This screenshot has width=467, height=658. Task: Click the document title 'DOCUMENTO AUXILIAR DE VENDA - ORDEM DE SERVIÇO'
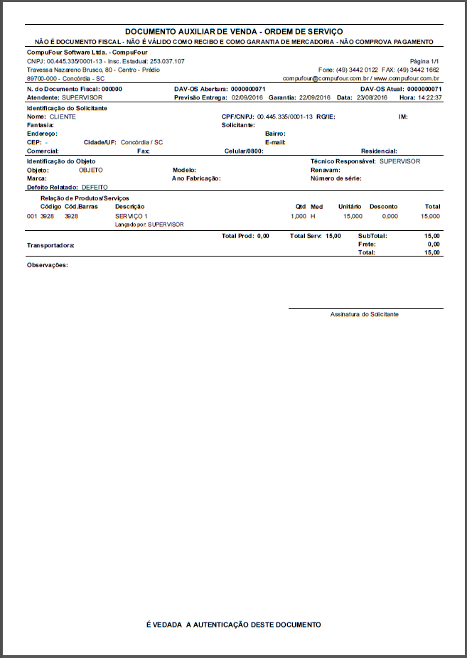point(233,32)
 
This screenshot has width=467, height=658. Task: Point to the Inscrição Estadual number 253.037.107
point(167,62)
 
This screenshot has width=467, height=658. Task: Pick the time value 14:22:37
point(430,97)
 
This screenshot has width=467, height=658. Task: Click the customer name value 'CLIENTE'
point(63,116)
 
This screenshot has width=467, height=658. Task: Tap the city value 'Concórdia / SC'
point(141,142)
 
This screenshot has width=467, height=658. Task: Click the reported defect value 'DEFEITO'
point(95,187)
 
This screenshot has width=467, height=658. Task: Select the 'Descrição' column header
point(129,207)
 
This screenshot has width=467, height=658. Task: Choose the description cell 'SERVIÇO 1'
point(131,215)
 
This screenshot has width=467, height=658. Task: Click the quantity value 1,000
point(299,215)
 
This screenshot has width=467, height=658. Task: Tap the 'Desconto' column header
point(384,207)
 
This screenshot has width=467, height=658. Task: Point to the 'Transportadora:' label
point(50,245)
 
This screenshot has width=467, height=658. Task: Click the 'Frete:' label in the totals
point(367,244)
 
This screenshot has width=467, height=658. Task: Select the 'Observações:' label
point(48,265)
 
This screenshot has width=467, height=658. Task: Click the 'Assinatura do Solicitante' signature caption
point(365,314)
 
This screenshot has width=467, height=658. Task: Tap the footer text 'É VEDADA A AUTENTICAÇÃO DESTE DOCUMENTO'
point(233,625)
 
